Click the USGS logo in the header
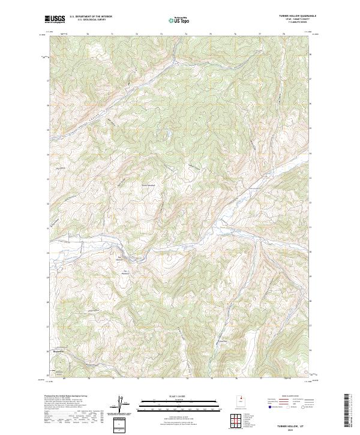[x=55, y=19]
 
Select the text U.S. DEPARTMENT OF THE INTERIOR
[x=91, y=16]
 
